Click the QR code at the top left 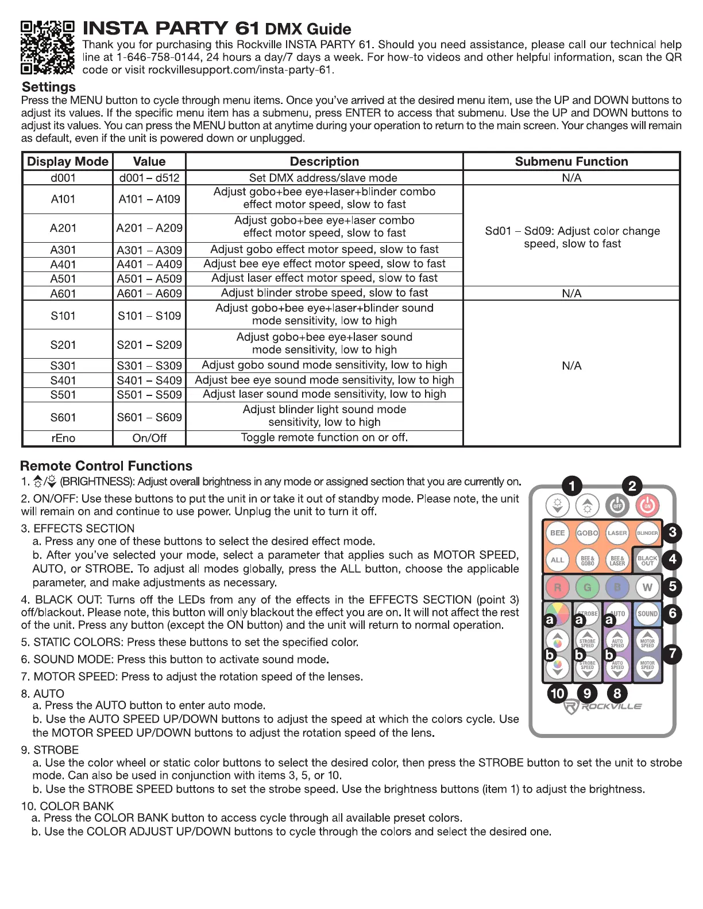(47, 48)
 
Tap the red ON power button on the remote (647, 506)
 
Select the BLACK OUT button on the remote (647, 560)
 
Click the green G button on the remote (587, 587)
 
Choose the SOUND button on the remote (647, 613)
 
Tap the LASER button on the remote (617, 533)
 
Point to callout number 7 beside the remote (672, 654)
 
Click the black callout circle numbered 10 (557, 693)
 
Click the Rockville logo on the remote (602, 707)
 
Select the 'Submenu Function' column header (571, 161)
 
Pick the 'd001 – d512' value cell (149, 178)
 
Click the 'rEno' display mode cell (63, 438)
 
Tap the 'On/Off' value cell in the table (149, 438)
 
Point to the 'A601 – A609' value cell (149, 293)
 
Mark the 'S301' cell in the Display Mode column (63, 366)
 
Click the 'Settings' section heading (49, 87)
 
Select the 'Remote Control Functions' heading (106, 466)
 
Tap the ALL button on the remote (557, 560)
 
